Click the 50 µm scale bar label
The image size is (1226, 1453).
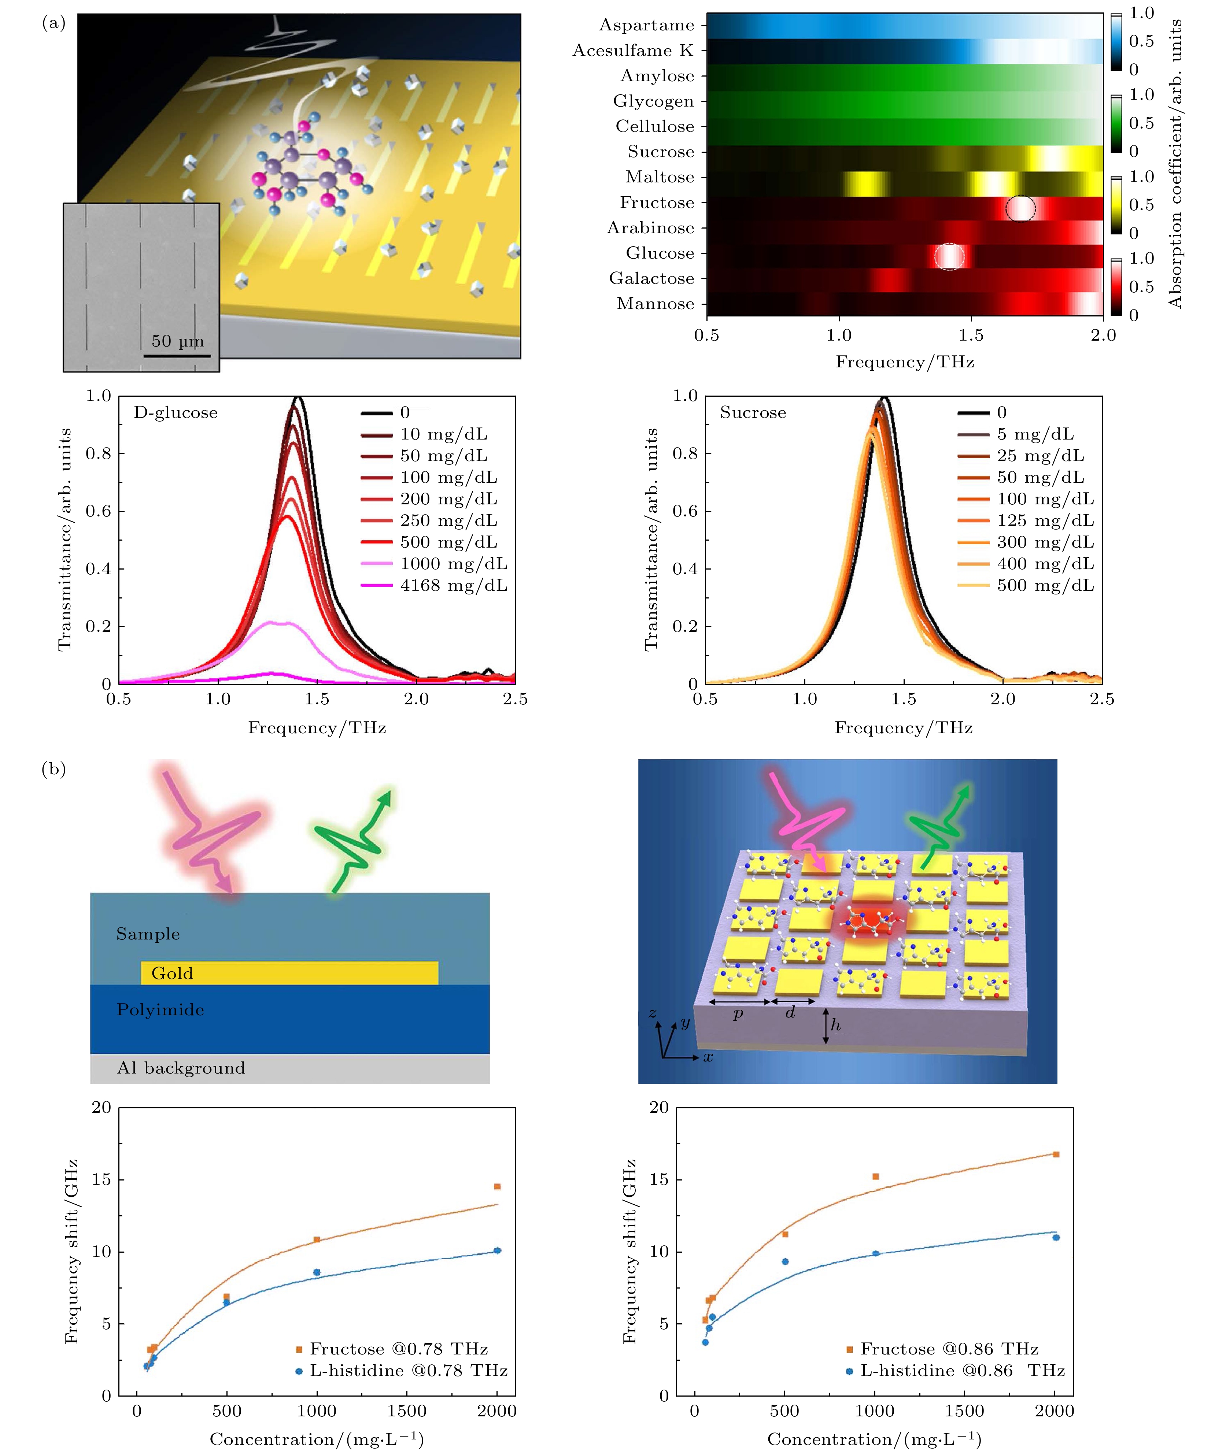(x=178, y=341)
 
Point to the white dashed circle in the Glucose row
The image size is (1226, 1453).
(x=949, y=256)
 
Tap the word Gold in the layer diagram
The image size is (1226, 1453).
(x=172, y=974)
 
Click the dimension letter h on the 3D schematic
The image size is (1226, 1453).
(x=835, y=1025)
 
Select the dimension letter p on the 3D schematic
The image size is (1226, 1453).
(x=738, y=1014)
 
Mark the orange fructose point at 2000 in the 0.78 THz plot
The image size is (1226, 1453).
(x=497, y=1187)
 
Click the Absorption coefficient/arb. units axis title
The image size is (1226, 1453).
(x=1175, y=164)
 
